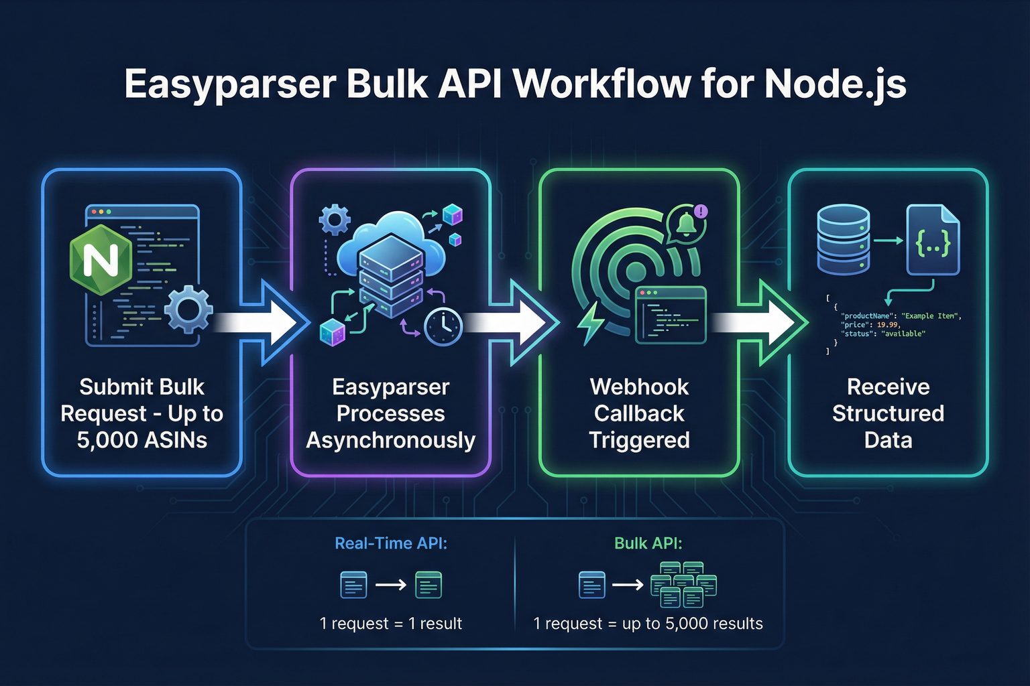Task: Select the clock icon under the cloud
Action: point(443,326)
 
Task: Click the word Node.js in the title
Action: point(836,85)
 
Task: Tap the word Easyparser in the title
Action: point(230,85)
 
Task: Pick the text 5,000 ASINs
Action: point(142,440)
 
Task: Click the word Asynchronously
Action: point(390,440)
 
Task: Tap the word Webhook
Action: point(639,387)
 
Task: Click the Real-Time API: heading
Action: point(390,543)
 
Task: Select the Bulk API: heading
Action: point(648,543)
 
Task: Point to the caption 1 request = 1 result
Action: point(390,624)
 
